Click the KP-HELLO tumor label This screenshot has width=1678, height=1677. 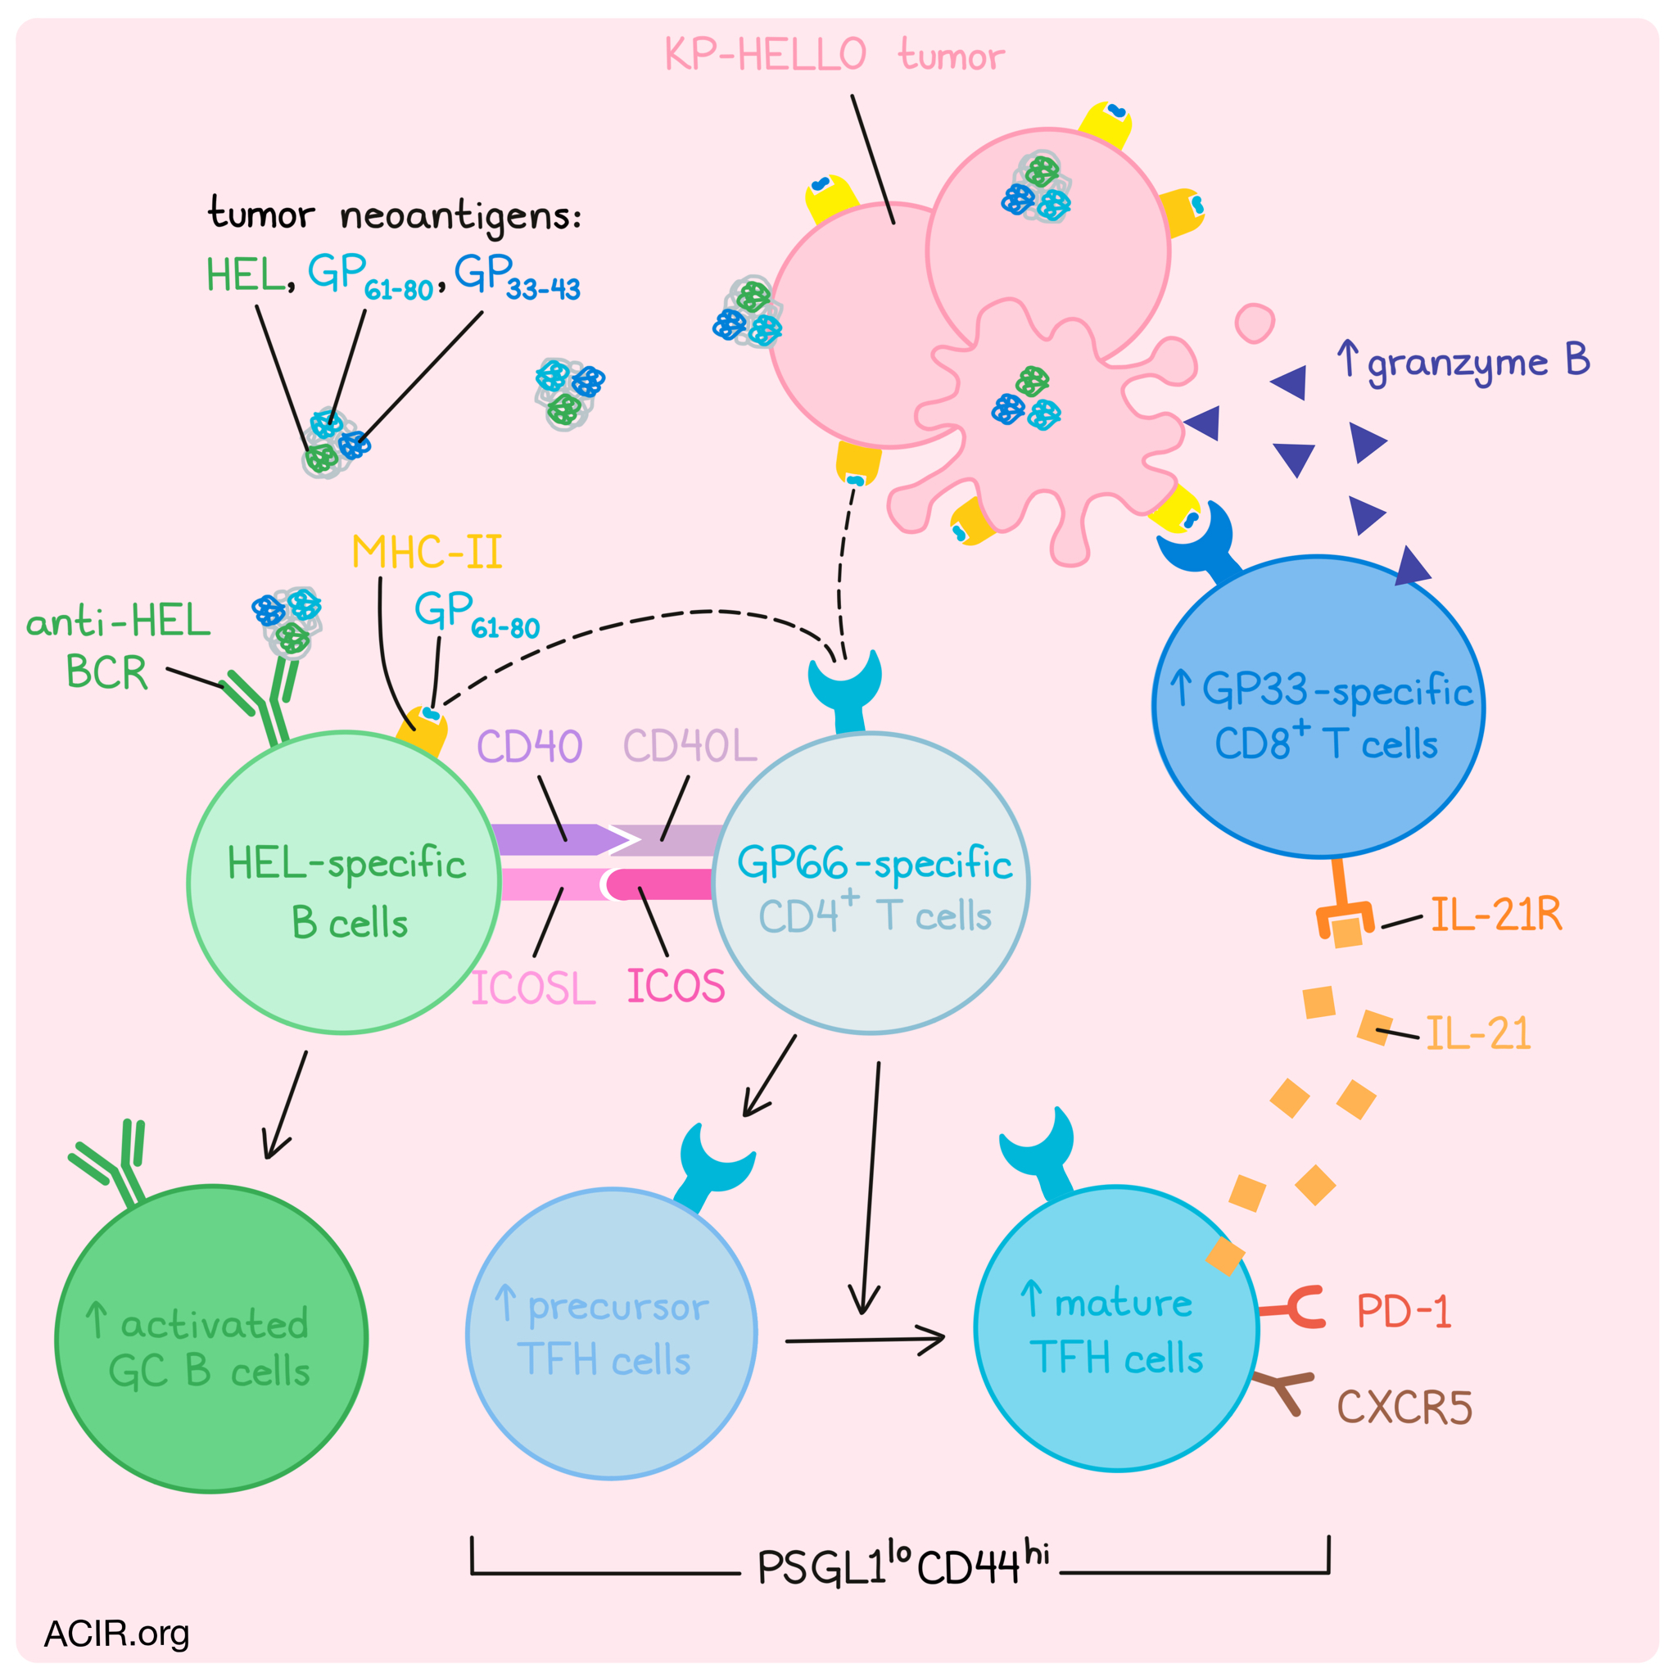[x=834, y=55]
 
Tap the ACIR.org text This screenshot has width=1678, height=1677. [x=116, y=1634]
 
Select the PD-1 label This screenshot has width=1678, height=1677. [x=1404, y=1311]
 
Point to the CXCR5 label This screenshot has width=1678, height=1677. [x=1404, y=1408]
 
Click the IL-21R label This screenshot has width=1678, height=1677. [x=1496, y=915]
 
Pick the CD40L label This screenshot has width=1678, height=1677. [x=690, y=745]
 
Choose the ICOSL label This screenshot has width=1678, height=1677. [x=533, y=988]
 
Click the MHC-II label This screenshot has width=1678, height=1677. [x=427, y=553]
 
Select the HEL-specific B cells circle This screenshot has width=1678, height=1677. [x=345, y=883]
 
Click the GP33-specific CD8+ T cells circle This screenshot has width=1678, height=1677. [x=1319, y=706]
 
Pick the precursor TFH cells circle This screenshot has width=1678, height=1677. [x=612, y=1333]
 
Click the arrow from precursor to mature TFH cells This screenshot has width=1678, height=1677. [x=865, y=1340]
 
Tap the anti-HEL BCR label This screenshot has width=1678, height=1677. [x=118, y=647]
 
